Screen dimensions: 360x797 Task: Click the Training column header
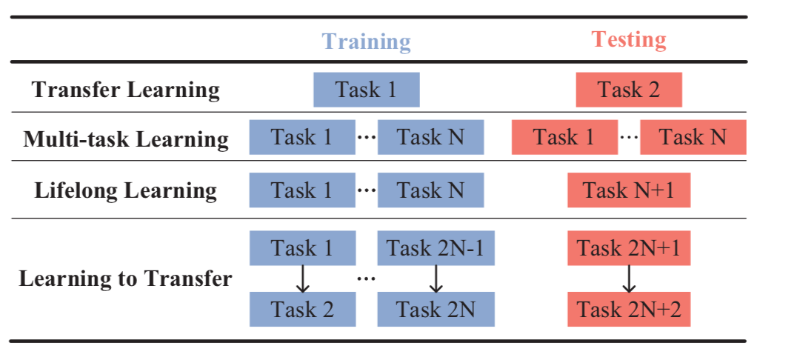[x=366, y=41]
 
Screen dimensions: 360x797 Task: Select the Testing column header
[x=629, y=39]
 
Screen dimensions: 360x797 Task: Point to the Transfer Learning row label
[x=126, y=90]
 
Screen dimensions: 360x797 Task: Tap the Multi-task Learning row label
[x=126, y=139]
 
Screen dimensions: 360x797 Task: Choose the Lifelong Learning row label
[x=126, y=190]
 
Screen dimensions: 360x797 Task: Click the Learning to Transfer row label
[x=126, y=279]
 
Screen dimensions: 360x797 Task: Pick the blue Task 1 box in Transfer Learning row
[x=367, y=90]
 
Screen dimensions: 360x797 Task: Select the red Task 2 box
[x=629, y=90]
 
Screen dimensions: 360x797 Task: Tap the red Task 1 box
[x=564, y=139]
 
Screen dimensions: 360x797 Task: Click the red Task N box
[x=693, y=139]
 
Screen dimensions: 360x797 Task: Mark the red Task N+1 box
[x=629, y=190]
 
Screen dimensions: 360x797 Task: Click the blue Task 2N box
[x=430, y=309]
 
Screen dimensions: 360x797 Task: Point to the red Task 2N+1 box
[x=629, y=248]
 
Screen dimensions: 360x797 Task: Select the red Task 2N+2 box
[x=629, y=309]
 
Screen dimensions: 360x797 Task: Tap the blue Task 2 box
[x=302, y=309]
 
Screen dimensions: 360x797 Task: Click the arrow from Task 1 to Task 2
[x=302, y=279]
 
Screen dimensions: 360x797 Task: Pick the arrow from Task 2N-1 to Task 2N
[x=436, y=279]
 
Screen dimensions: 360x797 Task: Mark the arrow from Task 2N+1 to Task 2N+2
[x=629, y=279]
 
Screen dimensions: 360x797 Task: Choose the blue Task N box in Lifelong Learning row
[x=430, y=190]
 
